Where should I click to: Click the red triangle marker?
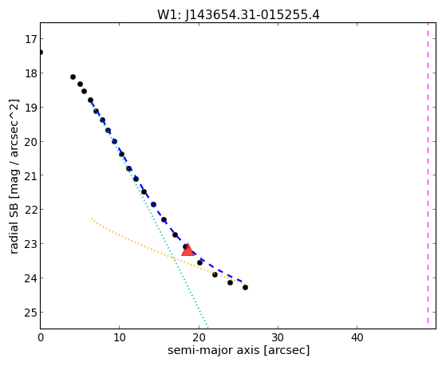187,250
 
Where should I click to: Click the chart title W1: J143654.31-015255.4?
239,15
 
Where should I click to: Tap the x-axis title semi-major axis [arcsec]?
239,350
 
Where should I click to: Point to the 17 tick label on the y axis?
30,39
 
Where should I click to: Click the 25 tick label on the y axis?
30,313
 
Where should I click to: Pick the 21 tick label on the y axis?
30,175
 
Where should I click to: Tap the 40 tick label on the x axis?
357,337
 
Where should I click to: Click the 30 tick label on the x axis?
278,337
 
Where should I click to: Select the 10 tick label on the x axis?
120,337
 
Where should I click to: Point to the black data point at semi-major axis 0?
41,53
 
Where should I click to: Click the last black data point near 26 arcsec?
245,288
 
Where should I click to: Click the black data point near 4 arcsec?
73,77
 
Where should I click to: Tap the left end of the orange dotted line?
91,218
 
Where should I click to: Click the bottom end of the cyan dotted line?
208,329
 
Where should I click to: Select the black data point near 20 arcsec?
200,263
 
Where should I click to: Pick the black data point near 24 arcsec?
230,283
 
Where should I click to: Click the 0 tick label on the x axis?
41,337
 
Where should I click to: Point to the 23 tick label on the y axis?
30,244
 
